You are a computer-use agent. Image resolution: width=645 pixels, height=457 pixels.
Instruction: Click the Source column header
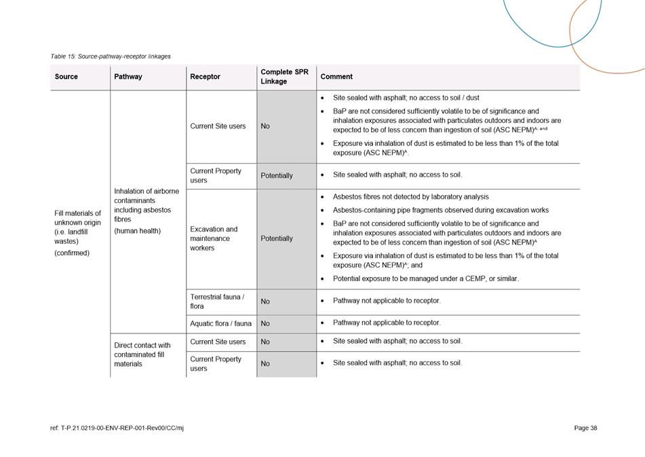point(66,77)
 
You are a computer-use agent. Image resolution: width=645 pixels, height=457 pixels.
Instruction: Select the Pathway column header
point(128,77)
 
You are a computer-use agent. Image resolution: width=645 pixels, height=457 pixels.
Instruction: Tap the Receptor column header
point(205,77)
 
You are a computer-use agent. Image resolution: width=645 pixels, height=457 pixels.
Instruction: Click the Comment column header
point(336,77)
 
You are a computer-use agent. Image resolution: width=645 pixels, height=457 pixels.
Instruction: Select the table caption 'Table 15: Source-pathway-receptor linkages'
point(111,56)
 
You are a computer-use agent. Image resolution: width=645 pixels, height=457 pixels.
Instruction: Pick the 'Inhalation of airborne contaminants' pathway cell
point(146,211)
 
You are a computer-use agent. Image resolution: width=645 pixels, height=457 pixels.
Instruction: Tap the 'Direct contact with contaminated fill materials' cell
point(142,354)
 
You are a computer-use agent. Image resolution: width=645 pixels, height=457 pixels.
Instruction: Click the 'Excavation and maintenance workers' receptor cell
point(214,238)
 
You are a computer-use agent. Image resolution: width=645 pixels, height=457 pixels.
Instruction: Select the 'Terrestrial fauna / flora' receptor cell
point(217,301)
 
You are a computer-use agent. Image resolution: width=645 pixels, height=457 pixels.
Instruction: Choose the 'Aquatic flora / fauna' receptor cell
point(220,323)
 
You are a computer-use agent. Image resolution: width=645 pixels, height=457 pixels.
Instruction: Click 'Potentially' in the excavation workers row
point(277,238)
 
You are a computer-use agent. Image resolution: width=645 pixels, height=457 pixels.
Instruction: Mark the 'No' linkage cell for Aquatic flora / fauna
point(265,323)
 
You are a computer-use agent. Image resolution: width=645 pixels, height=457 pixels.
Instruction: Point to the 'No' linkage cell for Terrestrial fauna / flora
point(265,301)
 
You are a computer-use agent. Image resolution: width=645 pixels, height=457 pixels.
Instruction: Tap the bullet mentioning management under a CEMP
point(425,278)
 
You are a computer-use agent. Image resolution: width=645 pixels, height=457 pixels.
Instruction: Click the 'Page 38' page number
point(585,428)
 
